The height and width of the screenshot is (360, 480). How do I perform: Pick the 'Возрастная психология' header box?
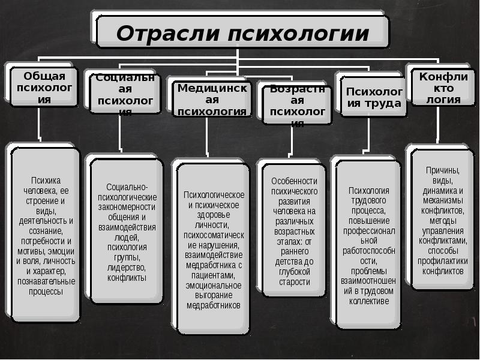pos(294,103)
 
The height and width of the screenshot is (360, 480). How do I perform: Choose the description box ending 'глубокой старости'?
pos(294,232)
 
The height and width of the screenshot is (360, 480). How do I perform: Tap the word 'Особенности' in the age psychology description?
pos(294,181)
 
